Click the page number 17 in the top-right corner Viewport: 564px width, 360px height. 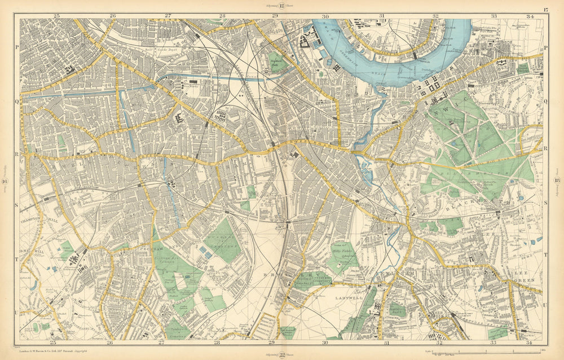pyautogui.click(x=545, y=10)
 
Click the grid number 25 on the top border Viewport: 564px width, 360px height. pyautogui.click(x=56, y=16)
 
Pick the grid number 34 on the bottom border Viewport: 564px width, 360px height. pyautogui.click(x=529, y=343)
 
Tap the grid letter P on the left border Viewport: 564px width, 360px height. pyautogui.click(x=17, y=49)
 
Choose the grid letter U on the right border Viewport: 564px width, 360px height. pyautogui.click(x=545, y=305)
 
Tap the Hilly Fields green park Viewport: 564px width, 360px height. pyautogui.click(x=342, y=257)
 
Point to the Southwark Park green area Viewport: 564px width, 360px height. pyautogui.click(x=276, y=61)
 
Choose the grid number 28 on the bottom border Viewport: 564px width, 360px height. pyautogui.click(x=216, y=343)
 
